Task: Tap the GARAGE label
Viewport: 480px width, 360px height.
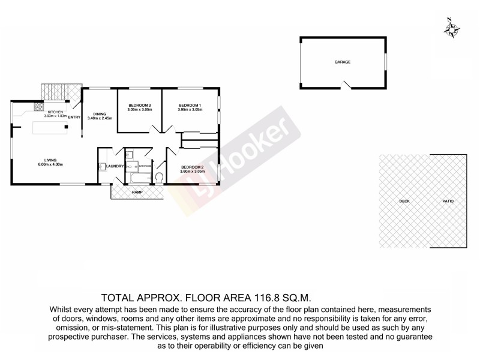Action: tap(343, 62)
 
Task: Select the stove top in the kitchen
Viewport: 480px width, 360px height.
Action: tap(37, 108)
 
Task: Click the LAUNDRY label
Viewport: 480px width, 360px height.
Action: tap(115, 166)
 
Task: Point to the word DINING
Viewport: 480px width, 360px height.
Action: tap(100, 114)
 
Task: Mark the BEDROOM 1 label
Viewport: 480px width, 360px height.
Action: tap(189, 106)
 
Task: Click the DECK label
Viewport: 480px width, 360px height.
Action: tap(404, 201)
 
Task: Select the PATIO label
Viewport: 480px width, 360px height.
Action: tap(448, 201)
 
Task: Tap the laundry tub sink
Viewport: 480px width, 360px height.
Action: tap(102, 166)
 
